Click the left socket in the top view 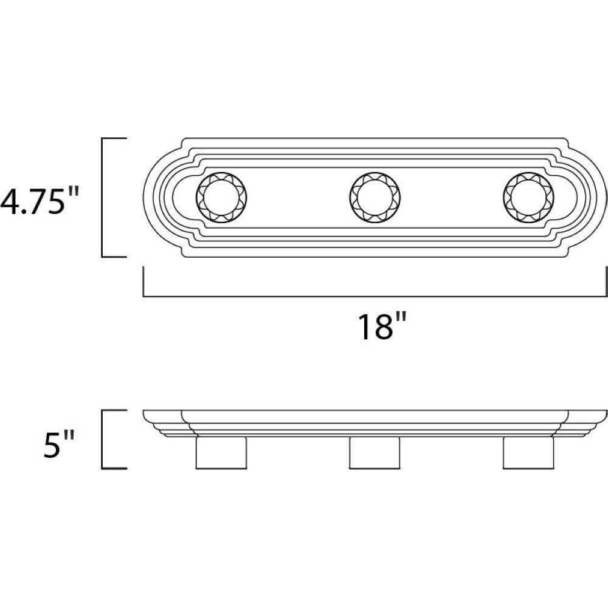click(222, 198)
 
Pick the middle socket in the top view click(375, 198)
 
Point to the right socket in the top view click(528, 198)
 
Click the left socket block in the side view click(221, 453)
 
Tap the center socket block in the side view click(375, 453)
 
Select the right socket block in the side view click(528, 453)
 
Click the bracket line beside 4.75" click(102, 198)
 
